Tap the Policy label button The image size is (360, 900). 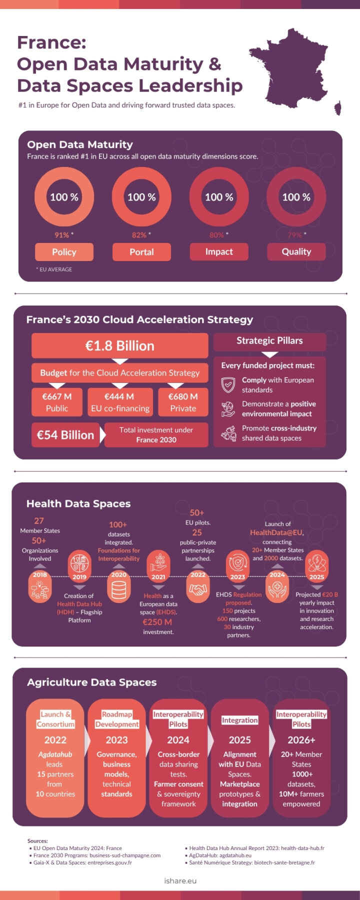click(x=64, y=252)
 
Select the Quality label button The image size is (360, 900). click(x=296, y=251)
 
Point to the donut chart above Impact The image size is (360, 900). click(x=219, y=197)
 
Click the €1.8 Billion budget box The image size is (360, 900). click(x=120, y=345)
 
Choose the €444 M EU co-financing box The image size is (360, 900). click(x=120, y=402)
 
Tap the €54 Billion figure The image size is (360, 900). click(x=65, y=435)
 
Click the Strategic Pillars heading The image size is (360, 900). click(x=269, y=341)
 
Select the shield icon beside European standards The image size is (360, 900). click(x=228, y=385)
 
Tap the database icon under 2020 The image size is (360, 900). click(x=119, y=590)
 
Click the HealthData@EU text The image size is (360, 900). click(x=276, y=532)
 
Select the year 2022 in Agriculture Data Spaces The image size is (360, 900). click(x=55, y=740)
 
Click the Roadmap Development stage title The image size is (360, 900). click(x=117, y=719)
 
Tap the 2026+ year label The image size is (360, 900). click(x=301, y=740)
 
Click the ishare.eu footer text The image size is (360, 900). click(x=180, y=880)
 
